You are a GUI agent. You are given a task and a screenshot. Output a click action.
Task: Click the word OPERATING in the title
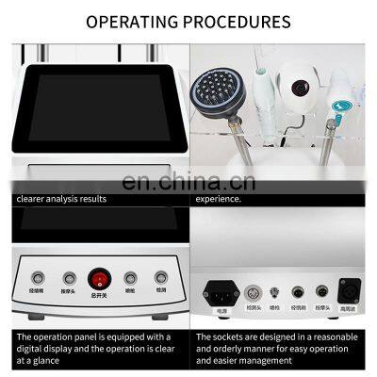132,21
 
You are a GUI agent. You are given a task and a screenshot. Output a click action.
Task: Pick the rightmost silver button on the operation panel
161,280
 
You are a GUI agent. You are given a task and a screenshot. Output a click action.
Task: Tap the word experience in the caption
220,199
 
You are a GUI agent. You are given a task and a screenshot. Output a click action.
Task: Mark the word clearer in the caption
34,199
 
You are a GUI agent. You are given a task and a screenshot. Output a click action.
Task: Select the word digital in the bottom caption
36,349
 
